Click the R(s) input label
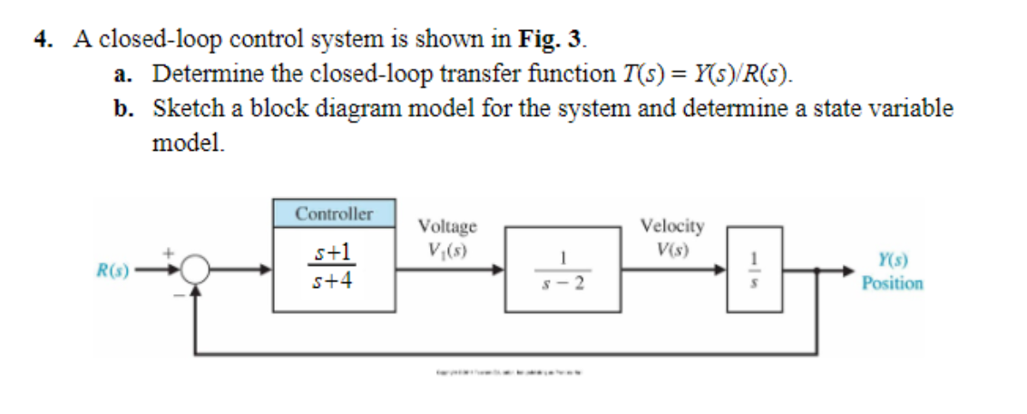coord(113,270)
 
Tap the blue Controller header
coord(334,214)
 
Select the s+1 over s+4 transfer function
coord(333,267)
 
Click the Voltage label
coord(446,227)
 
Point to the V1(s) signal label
coord(446,248)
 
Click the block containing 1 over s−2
coord(562,270)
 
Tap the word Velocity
coord(671,226)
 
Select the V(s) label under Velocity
coord(671,247)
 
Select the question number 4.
coord(42,40)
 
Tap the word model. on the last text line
coord(187,143)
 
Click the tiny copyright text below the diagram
coord(508,373)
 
